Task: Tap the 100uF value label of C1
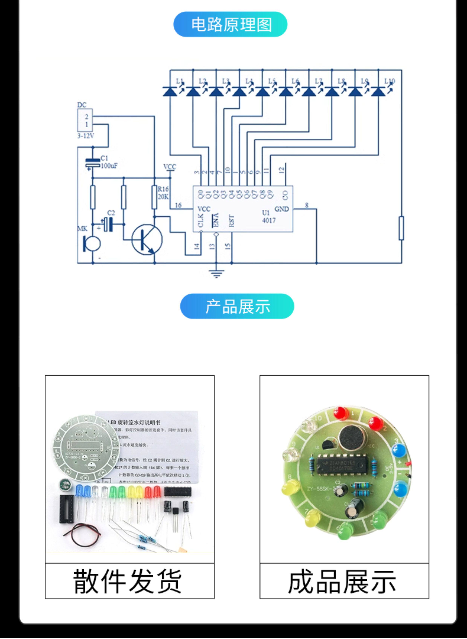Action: coord(109,166)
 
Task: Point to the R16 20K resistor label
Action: coord(163,193)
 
